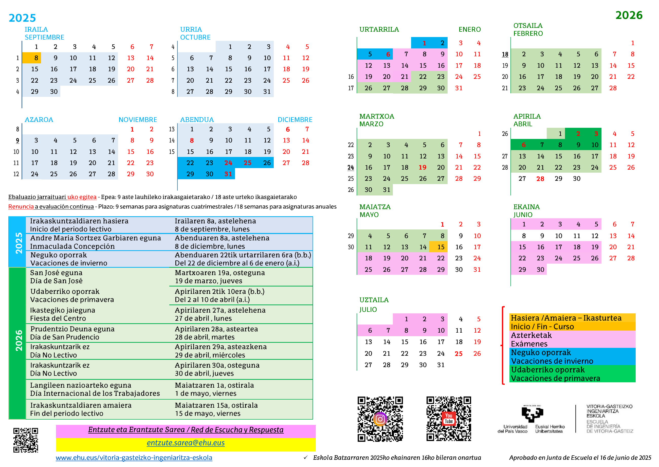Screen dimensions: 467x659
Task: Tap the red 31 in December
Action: pyautogui.click(x=228, y=174)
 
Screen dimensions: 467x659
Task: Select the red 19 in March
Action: pyautogui.click(x=422, y=167)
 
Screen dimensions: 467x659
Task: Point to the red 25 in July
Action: pyautogui.click(x=458, y=353)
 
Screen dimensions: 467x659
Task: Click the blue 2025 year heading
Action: pyautogui.click(x=22, y=18)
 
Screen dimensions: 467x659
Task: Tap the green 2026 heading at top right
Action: pyautogui.click(x=629, y=15)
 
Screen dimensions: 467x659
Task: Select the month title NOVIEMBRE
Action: pyautogui.click(x=138, y=120)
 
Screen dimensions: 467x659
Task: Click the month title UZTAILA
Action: pyautogui.click(x=374, y=300)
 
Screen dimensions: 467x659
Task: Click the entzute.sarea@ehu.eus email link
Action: pyautogui.click(x=186, y=443)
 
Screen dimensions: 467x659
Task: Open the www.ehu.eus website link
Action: pyautogui.click(x=134, y=458)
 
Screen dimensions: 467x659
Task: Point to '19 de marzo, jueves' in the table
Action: pyautogui.click(x=208, y=281)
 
